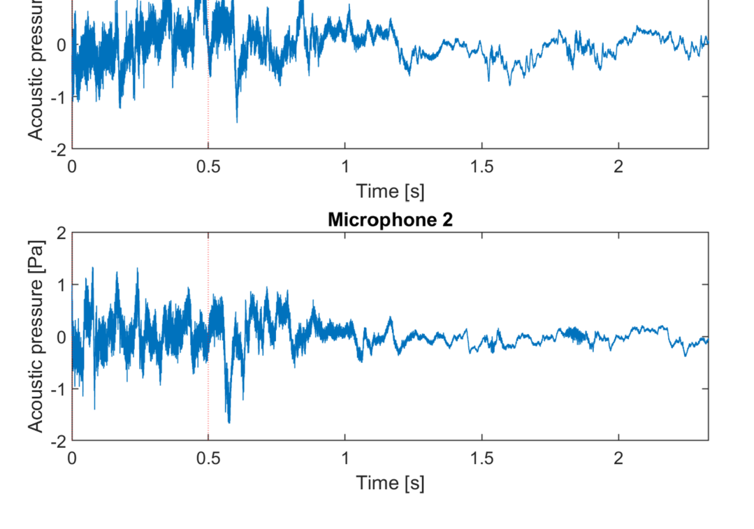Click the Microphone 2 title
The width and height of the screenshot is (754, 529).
pyautogui.click(x=390, y=220)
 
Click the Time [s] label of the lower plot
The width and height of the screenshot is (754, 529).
pyautogui.click(x=390, y=482)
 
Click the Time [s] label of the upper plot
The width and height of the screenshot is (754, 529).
pyautogui.click(x=390, y=191)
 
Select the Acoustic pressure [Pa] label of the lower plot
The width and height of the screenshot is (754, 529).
pyautogui.click(x=36, y=336)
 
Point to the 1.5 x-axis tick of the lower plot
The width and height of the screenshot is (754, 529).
pyautogui.click(x=481, y=458)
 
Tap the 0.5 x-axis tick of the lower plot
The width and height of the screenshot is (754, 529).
pyautogui.click(x=208, y=458)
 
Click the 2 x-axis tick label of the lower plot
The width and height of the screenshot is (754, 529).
pyautogui.click(x=618, y=458)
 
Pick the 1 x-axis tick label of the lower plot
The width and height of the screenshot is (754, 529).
pyautogui.click(x=345, y=458)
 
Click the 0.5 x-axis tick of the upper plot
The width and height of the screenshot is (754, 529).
pyautogui.click(x=208, y=166)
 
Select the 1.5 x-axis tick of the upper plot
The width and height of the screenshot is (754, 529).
pyautogui.click(x=481, y=166)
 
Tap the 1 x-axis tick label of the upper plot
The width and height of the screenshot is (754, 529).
pyautogui.click(x=345, y=166)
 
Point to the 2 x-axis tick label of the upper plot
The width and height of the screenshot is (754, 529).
pyautogui.click(x=618, y=166)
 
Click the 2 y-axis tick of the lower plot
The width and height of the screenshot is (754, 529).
pyautogui.click(x=61, y=233)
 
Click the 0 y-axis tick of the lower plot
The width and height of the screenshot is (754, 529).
pyautogui.click(x=61, y=337)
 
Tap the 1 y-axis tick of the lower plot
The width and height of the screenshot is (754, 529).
pyautogui.click(x=61, y=285)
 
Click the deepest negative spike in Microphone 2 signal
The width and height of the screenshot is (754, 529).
pyautogui.click(x=229, y=422)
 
